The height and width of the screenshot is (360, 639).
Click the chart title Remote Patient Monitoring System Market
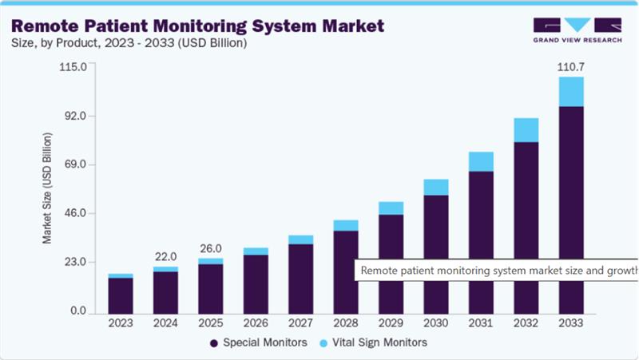click(x=197, y=25)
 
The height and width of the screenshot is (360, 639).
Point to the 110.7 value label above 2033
click(x=571, y=67)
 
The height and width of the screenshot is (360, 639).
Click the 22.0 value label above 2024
click(x=165, y=256)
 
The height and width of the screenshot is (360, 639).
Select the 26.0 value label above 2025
click(x=211, y=247)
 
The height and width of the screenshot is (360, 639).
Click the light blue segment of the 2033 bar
click(x=571, y=92)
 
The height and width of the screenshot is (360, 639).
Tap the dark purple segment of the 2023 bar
click(x=121, y=295)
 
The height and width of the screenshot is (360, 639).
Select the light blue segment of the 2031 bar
click(x=481, y=161)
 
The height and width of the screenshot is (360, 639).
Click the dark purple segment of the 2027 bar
click(x=300, y=278)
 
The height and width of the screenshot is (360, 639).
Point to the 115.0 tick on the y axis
click(x=77, y=67)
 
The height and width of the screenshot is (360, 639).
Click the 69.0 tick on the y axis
click(x=80, y=165)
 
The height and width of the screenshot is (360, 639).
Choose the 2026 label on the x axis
click(x=256, y=323)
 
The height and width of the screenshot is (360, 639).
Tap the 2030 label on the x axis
click(x=435, y=323)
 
